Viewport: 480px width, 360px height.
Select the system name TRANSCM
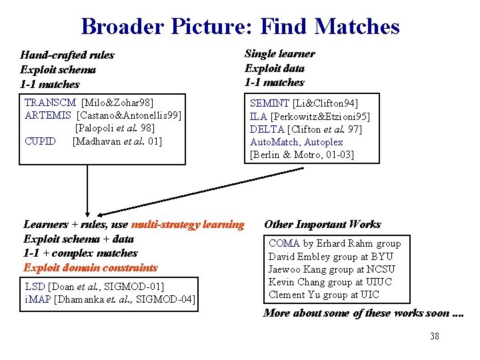click(x=50, y=103)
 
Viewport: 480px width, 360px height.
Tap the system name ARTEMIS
click(x=48, y=115)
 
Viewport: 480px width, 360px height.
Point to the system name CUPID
click(x=40, y=141)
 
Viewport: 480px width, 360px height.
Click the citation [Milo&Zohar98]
click(x=117, y=103)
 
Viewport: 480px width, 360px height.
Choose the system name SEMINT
click(x=269, y=103)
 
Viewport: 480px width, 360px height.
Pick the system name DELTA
click(x=267, y=129)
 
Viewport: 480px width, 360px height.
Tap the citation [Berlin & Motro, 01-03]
click(x=302, y=155)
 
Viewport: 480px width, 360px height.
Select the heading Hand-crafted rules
click(x=67, y=55)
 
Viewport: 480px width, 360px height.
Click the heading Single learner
click(x=280, y=54)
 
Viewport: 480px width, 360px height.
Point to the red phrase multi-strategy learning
click(x=188, y=225)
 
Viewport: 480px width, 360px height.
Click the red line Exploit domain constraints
click(x=91, y=268)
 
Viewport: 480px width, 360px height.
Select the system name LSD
click(x=35, y=287)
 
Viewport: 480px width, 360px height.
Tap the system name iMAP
click(x=37, y=299)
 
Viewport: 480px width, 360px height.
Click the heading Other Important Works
click(x=323, y=225)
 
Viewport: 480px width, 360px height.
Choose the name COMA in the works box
click(x=284, y=244)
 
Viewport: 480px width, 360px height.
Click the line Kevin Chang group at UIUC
click(x=330, y=282)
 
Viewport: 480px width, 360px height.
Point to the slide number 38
click(x=435, y=336)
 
